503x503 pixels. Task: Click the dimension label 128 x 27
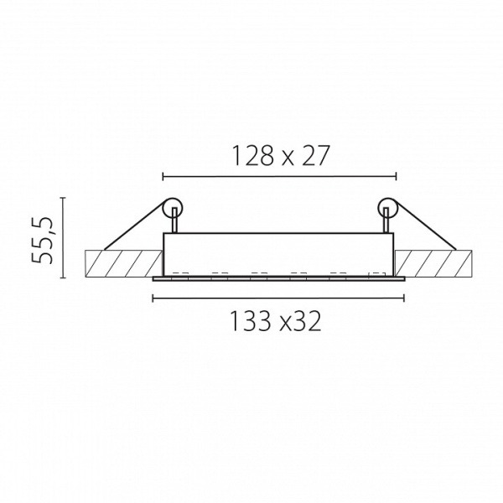click(x=281, y=156)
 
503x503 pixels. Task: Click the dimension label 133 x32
click(x=276, y=321)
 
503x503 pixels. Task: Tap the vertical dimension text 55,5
click(x=42, y=240)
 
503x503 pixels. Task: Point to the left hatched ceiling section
click(x=123, y=264)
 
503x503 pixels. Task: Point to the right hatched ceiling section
click(x=433, y=264)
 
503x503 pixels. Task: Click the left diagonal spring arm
click(x=135, y=225)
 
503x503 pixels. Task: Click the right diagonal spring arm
click(x=425, y=225)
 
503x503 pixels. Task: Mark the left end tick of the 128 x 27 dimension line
click(x=163, y=176)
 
